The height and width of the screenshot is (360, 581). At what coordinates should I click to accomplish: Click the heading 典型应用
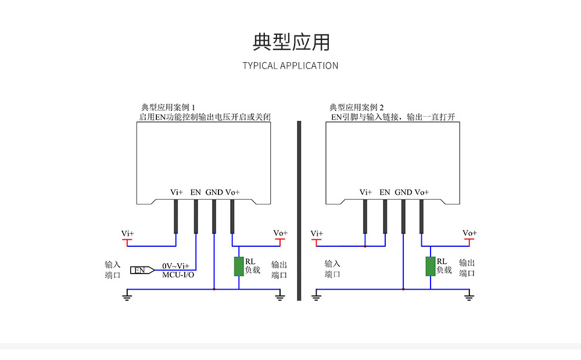tap(291, 42)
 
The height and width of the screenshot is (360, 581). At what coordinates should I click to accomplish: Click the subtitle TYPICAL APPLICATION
tap(290, 66)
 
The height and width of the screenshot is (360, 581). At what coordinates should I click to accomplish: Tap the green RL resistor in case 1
tap(239, 266)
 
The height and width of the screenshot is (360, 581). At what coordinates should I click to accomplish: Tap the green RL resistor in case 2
tap(430, 266)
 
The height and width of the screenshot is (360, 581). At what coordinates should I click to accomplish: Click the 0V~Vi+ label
tap(175, 265)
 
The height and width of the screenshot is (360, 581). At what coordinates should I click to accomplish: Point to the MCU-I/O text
tap(178, 274)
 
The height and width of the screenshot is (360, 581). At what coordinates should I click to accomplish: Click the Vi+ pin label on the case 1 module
tap(176, 192)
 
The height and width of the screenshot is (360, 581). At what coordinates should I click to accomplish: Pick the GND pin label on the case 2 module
tap(403, 192)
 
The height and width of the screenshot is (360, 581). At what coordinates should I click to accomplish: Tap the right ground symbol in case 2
tap(469, 297)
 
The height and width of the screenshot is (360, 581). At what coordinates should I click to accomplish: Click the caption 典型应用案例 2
tap(357, 107)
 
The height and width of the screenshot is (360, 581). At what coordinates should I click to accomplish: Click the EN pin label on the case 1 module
tap(195, 192)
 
